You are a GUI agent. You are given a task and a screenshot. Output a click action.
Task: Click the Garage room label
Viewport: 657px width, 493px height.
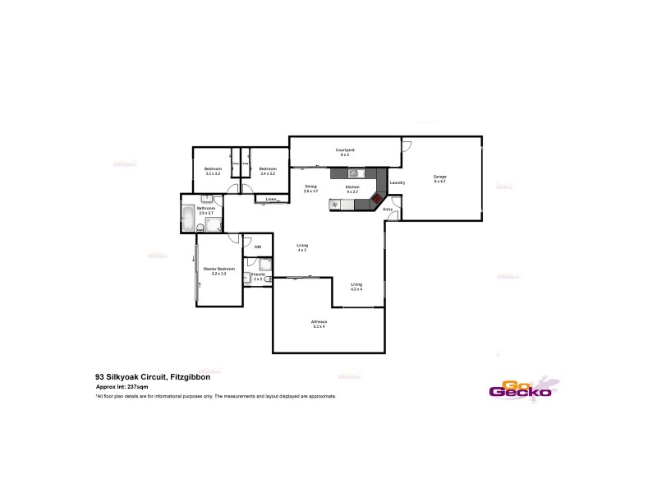tap(440, 176)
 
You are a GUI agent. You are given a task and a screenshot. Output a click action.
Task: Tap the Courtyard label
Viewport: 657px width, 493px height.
tap(345, 150)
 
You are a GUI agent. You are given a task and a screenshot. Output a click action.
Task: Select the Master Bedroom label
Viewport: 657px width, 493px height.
tap(219, 269)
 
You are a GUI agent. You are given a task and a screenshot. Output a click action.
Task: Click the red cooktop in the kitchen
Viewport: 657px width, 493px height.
tap(377, 198)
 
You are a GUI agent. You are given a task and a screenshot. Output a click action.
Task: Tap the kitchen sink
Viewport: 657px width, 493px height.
tap(352, 173)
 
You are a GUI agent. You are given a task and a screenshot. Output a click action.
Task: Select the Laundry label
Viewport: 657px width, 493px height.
tap(397, 182)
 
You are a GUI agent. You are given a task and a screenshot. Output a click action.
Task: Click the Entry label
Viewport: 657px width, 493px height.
tap(388, 210)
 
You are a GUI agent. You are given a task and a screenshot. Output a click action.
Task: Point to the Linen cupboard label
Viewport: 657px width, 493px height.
tap(270, 199)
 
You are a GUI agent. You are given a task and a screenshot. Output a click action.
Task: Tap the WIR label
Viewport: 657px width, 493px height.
tap(257, 246)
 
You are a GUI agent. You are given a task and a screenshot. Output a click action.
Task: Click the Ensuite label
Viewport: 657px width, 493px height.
tap(258, 274)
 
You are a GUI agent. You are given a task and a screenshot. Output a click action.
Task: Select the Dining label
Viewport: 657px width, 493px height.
tap(310, 187)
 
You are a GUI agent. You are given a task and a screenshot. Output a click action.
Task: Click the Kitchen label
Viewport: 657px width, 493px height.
tap(351, 187)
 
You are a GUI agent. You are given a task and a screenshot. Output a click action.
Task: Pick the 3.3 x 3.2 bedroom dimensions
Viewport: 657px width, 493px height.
tap(214, 173)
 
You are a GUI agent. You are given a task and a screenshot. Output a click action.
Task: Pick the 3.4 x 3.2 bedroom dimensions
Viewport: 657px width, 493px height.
tap(268, 173)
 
